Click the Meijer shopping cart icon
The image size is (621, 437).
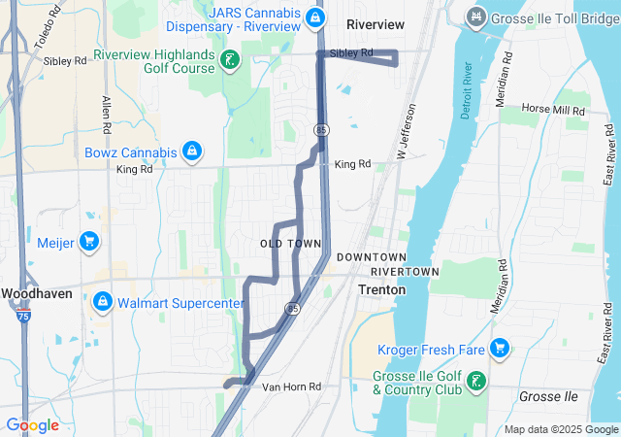88,242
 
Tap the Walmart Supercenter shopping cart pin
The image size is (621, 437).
102,303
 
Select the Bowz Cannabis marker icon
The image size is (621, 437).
193,152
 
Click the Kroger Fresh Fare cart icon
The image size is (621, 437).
500,347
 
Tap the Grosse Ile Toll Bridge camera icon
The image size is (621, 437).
475,17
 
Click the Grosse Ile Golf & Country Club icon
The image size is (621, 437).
475,380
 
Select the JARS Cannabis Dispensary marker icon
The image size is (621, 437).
314,17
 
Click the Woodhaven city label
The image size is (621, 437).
32,292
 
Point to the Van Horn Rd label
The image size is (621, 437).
291,387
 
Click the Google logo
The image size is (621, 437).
32,425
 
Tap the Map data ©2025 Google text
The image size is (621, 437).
561,429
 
